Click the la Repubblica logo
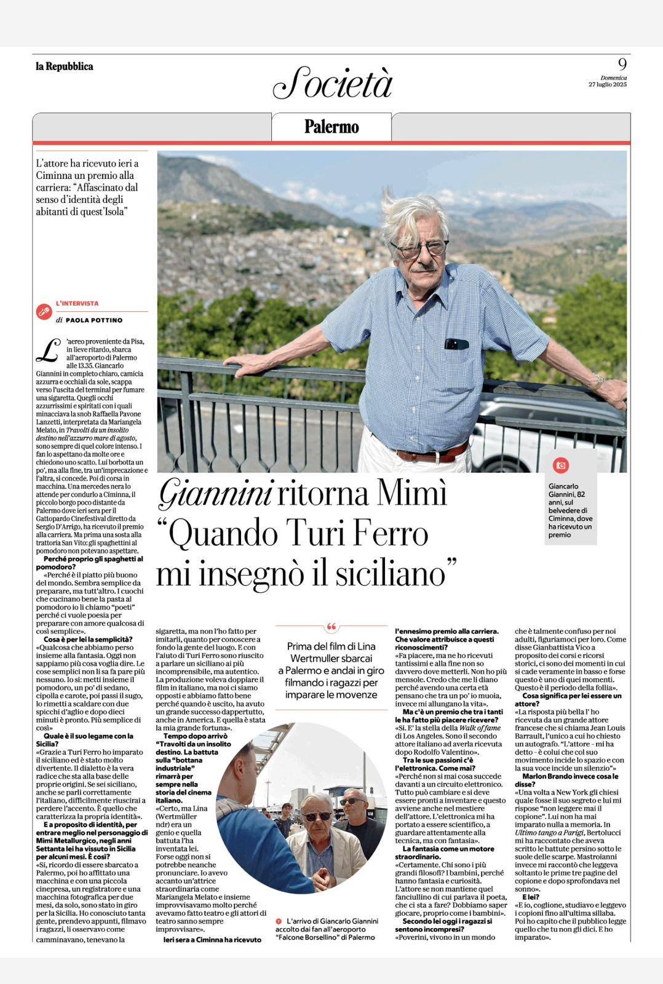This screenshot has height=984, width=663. click(65, 66)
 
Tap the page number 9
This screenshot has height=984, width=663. click(622, 64)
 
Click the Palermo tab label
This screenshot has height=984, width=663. click(331, 127)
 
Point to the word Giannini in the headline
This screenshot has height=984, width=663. click(215, 493)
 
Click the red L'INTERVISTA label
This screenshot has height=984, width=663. click(77, 303)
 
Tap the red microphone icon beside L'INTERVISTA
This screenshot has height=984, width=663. click(44, 312)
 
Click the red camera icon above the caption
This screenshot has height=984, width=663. click(560, 465)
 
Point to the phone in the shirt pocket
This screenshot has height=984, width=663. click(456, 344)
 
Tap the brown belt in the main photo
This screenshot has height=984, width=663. click(431, 455)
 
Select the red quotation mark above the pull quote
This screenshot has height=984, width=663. click(331, 627)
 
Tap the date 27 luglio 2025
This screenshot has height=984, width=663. click(607, 84)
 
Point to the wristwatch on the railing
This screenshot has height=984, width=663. click(598, 381)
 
